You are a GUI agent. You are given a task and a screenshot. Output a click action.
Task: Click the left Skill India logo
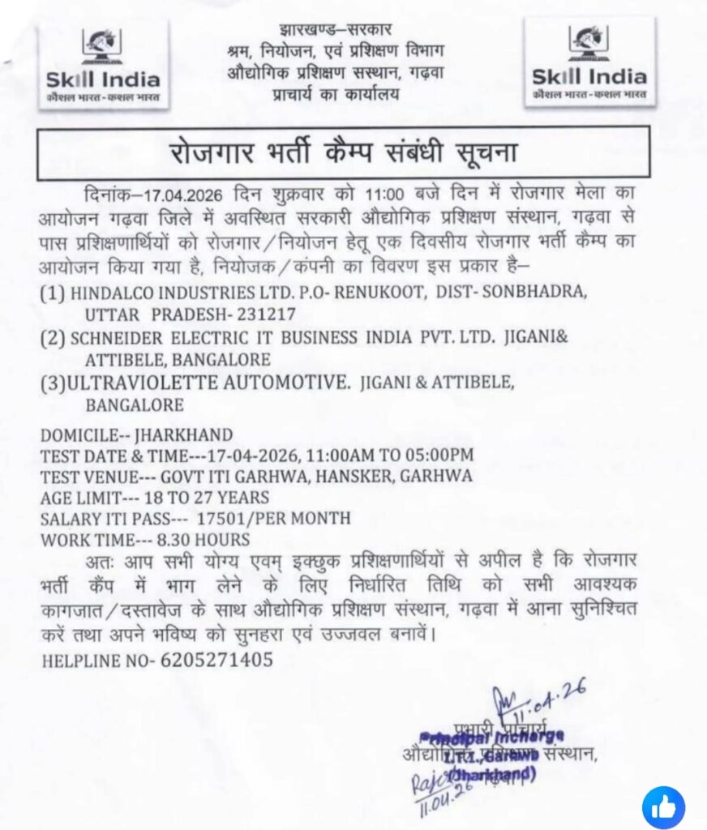102,64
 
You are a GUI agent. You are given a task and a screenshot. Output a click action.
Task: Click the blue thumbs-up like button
663,807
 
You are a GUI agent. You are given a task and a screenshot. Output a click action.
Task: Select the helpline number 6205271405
216,660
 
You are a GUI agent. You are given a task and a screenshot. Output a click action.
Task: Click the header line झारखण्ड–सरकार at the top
335,30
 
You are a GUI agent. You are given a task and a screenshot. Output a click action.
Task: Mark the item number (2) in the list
52,337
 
